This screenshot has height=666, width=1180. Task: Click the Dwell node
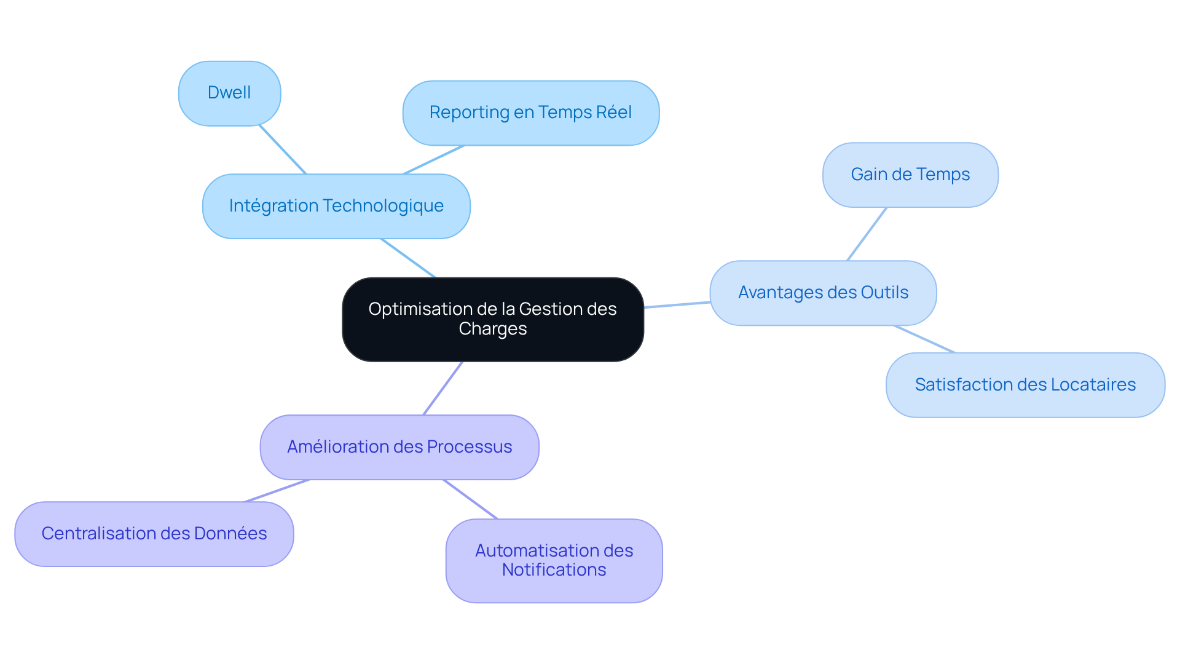229,93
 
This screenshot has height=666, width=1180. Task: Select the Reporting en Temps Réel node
530,113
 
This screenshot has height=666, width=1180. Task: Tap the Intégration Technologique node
336,206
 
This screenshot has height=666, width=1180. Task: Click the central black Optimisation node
492,319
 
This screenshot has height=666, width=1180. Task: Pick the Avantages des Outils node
823,293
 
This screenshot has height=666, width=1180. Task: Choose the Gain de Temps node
910,175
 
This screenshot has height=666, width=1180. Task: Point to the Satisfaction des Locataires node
1025,385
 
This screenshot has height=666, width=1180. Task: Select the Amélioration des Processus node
399,447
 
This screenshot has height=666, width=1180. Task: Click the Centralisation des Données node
154,534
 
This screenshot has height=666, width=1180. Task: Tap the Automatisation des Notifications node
554,560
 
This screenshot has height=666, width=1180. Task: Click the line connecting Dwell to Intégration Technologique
283,150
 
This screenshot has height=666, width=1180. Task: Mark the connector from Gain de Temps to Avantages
867,234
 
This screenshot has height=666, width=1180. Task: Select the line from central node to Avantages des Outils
677,305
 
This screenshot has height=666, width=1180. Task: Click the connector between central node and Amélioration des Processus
442,388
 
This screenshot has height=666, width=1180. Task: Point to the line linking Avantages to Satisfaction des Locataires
924,339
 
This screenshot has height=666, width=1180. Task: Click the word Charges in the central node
492,329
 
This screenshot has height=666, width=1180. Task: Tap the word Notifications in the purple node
554,570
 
